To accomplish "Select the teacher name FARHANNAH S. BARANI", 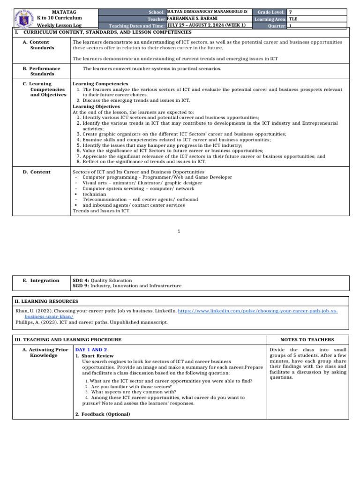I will click(x=192, y=18).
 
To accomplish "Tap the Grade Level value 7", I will click(x=291, y=12).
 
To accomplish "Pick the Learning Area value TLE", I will click(x=293, y=19).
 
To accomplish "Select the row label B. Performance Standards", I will click(x=42, y=71).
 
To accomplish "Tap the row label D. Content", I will click(x=37, y=172).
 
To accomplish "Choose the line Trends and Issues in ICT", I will click(x=101, y=211).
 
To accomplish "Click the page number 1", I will click(x=180, y=231).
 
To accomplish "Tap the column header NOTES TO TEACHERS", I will click(x=307, y=339).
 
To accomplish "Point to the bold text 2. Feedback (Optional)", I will click(x=103, y=414).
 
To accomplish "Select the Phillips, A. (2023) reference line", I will click(x=91, y=322).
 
